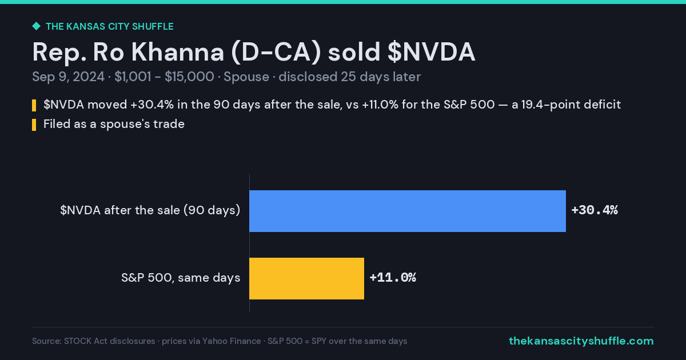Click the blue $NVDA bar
click(407, 211)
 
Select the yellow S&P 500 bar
click(306, 278)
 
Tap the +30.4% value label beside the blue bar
click(595, 210)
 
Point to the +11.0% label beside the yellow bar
click(393, 278)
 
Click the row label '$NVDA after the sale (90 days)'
click(150, 210)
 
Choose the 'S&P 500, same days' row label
click(181, 278)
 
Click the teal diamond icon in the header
click(37, 26)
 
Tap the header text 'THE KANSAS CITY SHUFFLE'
click(110, 27)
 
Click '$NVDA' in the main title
click(431, 52)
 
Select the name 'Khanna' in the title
click(178, 52)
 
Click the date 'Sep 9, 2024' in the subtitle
click(68, 77)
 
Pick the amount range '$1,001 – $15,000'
click(164, 77)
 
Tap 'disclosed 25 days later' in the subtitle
click(350, 77)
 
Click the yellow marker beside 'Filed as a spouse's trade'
click(34, 125)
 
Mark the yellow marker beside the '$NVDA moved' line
click(34, 105)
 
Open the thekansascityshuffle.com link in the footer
click(581, 341)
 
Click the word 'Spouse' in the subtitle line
click(246, 77)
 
